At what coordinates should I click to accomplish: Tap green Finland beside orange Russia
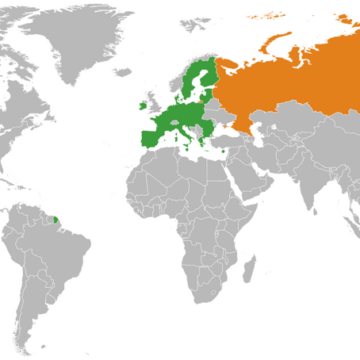205,76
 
